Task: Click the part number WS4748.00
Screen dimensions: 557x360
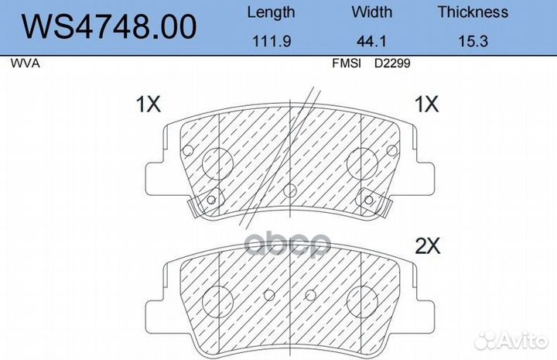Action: [x=109, y=26]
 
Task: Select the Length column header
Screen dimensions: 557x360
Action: [x=271, y=12]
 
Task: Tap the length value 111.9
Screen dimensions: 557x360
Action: [x=272, y=41]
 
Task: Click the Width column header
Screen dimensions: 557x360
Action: [x=372, y=12]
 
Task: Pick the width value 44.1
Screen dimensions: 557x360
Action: [x=371, y=41]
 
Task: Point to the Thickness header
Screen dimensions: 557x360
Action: [x=473, y=12]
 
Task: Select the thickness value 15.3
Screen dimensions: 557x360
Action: [x=473, y=41]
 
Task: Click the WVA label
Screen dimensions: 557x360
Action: [x=25, y=63]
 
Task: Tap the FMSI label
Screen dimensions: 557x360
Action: [x=347, y=63]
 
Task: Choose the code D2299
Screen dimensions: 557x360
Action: [x=392, y=63]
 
